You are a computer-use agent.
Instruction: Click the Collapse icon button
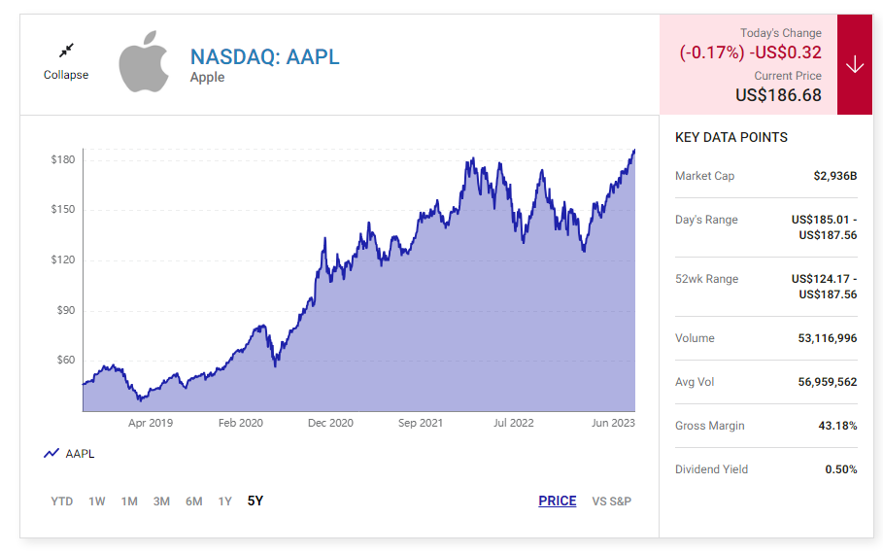tap(66, 51)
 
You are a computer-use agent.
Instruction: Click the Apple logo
tap(144, 60)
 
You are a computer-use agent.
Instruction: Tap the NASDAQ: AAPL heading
tap(265, 56)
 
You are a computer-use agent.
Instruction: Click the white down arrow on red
tap(855, 65)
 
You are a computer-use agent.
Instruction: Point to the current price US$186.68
tap(778, 95)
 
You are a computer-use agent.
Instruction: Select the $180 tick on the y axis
tap(63, 159)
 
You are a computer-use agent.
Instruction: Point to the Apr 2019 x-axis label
tap(151, 423)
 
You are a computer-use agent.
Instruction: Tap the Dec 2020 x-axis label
tap(330, 423)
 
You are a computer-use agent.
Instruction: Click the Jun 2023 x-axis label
tap(614, 423)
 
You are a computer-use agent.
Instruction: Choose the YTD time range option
tap(62, 501)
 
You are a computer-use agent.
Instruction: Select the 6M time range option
tap(194, 501)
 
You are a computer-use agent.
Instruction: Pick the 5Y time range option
tap(255, 501)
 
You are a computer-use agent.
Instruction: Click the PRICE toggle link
tap(558, 501)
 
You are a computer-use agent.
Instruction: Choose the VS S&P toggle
tap(612, 501)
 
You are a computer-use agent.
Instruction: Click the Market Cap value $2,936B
tap(835, 176)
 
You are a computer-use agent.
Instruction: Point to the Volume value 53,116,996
tap(828, 338)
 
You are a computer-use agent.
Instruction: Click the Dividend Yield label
tap(711, 469)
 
